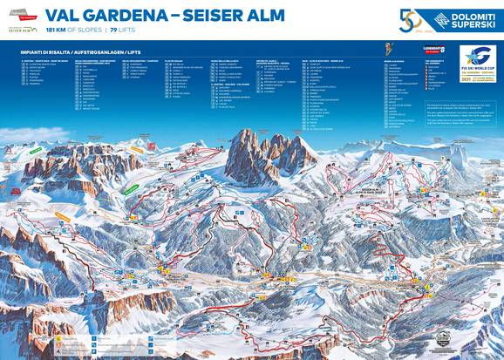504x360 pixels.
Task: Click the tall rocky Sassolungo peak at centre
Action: [253, 157]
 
